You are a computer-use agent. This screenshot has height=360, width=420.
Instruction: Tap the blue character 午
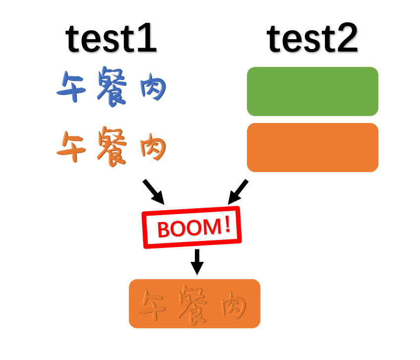click(71, 87)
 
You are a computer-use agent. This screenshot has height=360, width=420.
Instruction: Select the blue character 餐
click(111, 87)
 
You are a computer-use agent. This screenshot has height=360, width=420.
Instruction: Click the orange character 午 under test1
click(71, 147)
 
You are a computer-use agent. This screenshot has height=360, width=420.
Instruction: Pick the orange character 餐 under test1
click(111, 147)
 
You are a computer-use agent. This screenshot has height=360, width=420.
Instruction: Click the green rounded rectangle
click(312, 91)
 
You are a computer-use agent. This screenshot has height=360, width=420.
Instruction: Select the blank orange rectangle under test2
click(312, 147)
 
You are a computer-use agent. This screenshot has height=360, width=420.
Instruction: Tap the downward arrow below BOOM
click(197, 262)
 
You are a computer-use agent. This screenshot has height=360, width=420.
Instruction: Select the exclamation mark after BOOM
click(227, 225)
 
